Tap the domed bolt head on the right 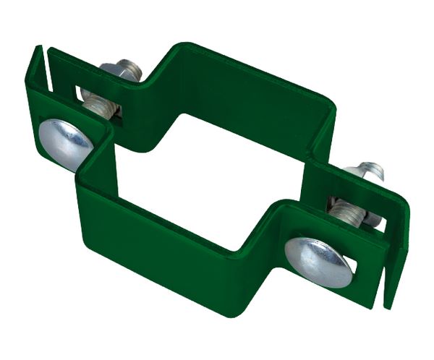[x=318, y=258]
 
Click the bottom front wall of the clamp [x=181, y=239]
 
